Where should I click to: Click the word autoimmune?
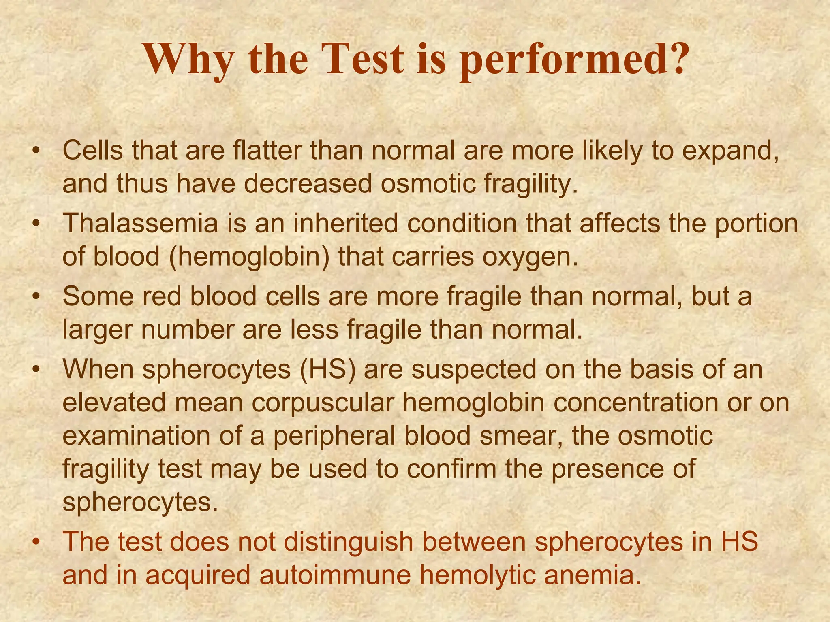click(x=335, y=575)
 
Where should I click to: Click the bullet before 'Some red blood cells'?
click(x=37, y=297)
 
